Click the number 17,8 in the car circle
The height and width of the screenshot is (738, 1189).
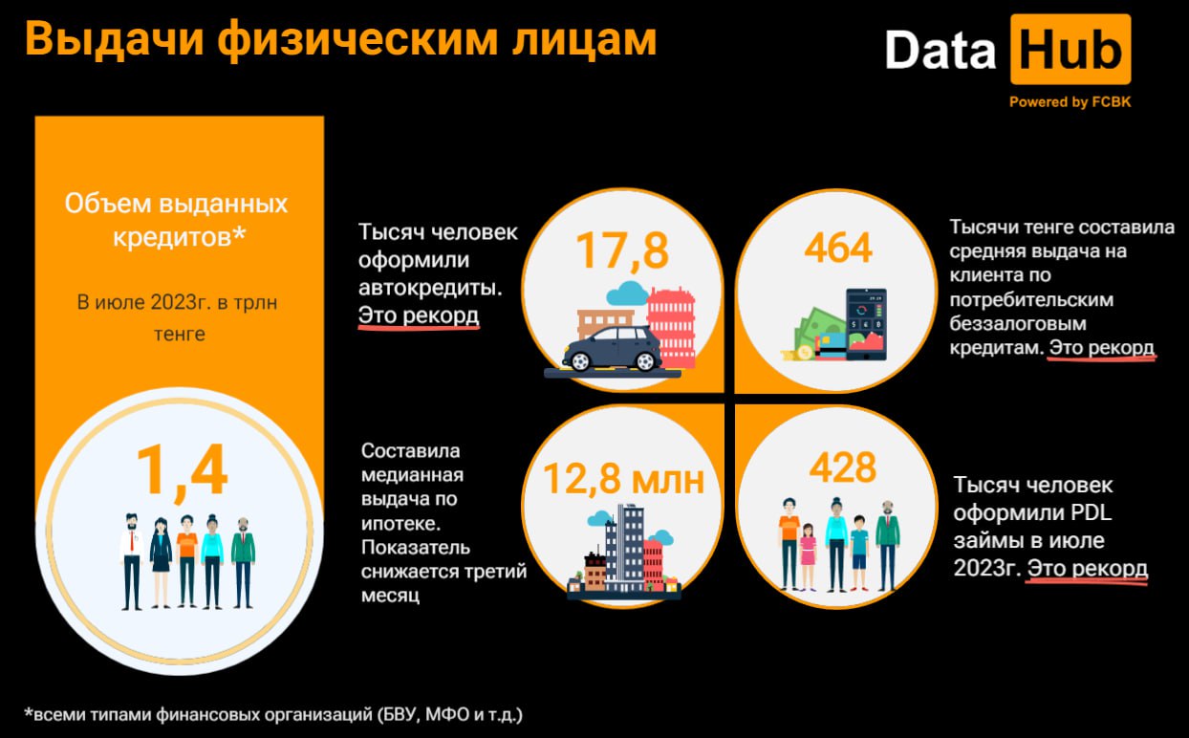pos(622,250)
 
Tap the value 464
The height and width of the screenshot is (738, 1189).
pos(837,248)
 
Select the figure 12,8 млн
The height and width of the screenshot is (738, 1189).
pos(623,479)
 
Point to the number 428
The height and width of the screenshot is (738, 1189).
pos(842,467)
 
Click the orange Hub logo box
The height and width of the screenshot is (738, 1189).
pos(1070,50)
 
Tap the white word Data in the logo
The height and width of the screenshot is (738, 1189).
pos(940,50)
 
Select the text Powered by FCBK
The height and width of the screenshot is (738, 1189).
pos(1070,102)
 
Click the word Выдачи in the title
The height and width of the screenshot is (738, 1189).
pos(114,39)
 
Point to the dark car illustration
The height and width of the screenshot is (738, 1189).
pos(613,348)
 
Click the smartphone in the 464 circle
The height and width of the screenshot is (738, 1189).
pos(866,324)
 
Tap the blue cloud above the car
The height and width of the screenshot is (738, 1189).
pos(627,293)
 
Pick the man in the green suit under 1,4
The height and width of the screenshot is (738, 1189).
pos(243,563)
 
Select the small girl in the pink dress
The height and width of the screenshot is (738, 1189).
pos(808,557)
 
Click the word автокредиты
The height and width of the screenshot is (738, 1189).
pos(430,288)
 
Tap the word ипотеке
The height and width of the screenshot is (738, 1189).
pos(400,524)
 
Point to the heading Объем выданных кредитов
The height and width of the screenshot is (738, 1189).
pos(177,220)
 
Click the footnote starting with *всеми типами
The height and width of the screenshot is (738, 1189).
pos(273,715)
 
